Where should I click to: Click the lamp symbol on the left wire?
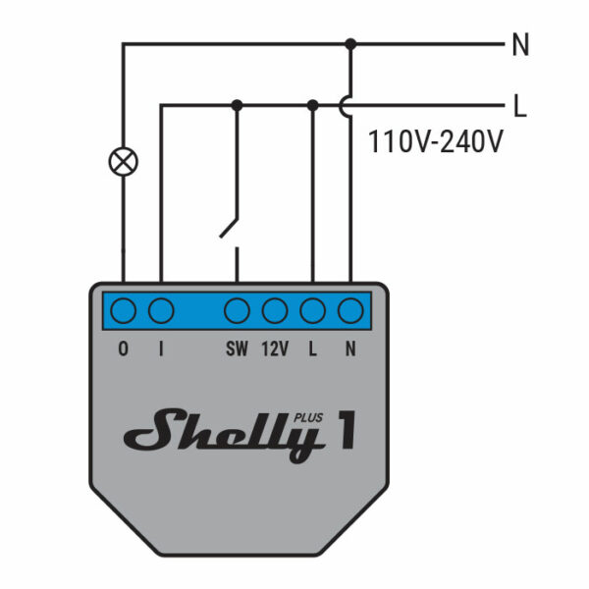point(123,161)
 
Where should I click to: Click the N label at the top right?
point(520,45)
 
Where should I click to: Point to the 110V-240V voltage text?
point(435,141)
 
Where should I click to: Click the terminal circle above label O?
point(123,311)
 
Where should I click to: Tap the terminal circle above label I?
point(161,311)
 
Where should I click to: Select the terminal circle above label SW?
point(237,311)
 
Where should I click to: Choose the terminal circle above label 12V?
point(275,311)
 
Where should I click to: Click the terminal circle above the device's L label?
point(312,311)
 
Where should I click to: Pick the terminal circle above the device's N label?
point(350,311)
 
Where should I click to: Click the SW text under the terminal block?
point(237,348)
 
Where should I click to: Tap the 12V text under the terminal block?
point(275,348)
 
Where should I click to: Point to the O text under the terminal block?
point(123,348)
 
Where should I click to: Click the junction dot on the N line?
point(350,43)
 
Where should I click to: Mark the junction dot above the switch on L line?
point(237,103)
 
